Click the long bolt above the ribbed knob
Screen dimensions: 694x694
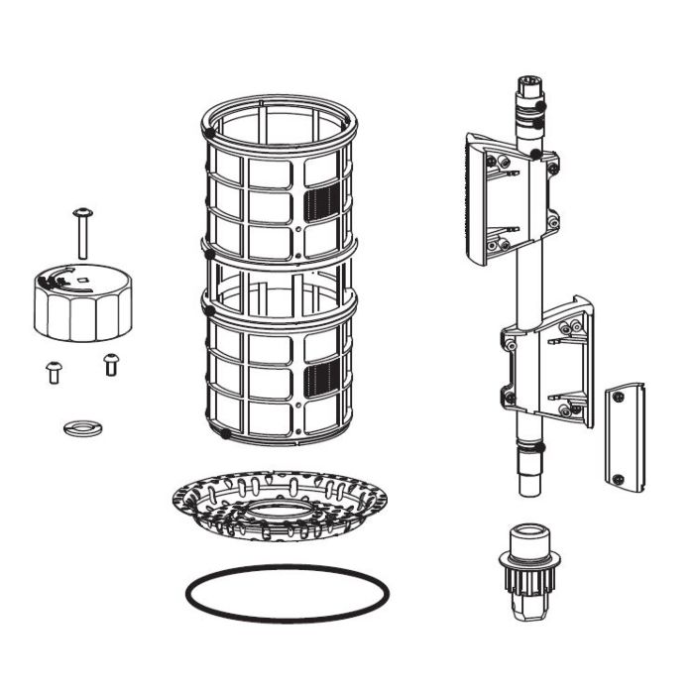tap(82, 234)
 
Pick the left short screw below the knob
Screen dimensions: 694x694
tap(54, 372)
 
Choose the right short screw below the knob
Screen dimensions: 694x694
tap(110, 365)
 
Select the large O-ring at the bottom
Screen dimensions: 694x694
tap(287, 594)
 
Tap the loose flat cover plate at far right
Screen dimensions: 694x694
tap(625, 435)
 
